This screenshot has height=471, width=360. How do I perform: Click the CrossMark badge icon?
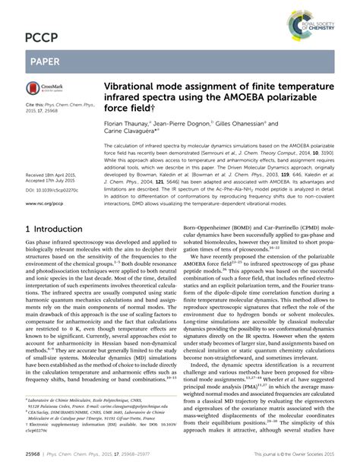43,92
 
